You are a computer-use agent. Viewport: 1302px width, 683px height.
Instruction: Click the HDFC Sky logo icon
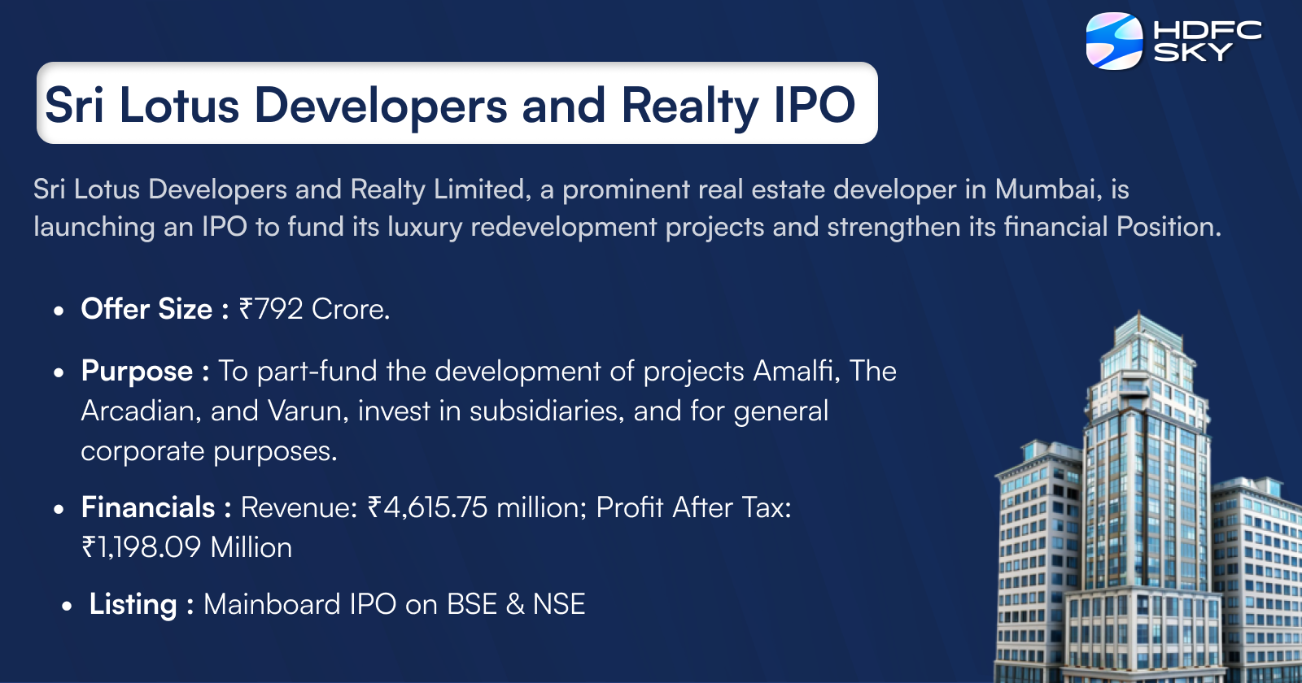pyautogui.click(x=1115, y=41)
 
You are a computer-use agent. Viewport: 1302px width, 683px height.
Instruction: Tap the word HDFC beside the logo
pyautogui.click(x=1208, y=31)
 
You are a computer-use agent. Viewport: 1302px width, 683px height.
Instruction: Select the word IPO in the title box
pyautogui.click(x=814, y=106)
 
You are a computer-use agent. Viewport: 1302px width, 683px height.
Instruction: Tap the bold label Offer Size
pyautogui.click(x=146, y=309)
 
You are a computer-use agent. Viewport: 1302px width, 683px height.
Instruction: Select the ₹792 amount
pyautogui.click(x=270, y=309)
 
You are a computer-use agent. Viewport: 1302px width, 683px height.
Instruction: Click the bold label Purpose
pyautogui.click(x=137, y=371)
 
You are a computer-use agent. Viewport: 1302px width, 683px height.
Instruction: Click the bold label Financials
pyautogui.click(x=148, y=507)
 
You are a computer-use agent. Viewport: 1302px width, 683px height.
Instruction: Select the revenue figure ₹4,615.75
pyautogui.click(x=427, y=507)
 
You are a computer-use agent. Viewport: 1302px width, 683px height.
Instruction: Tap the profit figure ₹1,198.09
pyautogui.click(x=141, y=547)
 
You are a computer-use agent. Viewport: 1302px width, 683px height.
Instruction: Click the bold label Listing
pyautogui.click(x=133, y=604)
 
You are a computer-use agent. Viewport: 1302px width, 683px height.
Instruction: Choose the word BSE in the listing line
pyautogui.click(x=472, y=604)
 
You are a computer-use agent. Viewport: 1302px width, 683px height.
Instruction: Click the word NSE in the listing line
pyautogui.click(x=559, y=604)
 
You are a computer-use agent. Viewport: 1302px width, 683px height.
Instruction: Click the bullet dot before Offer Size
pyautogui.click(x=59, y=311)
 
